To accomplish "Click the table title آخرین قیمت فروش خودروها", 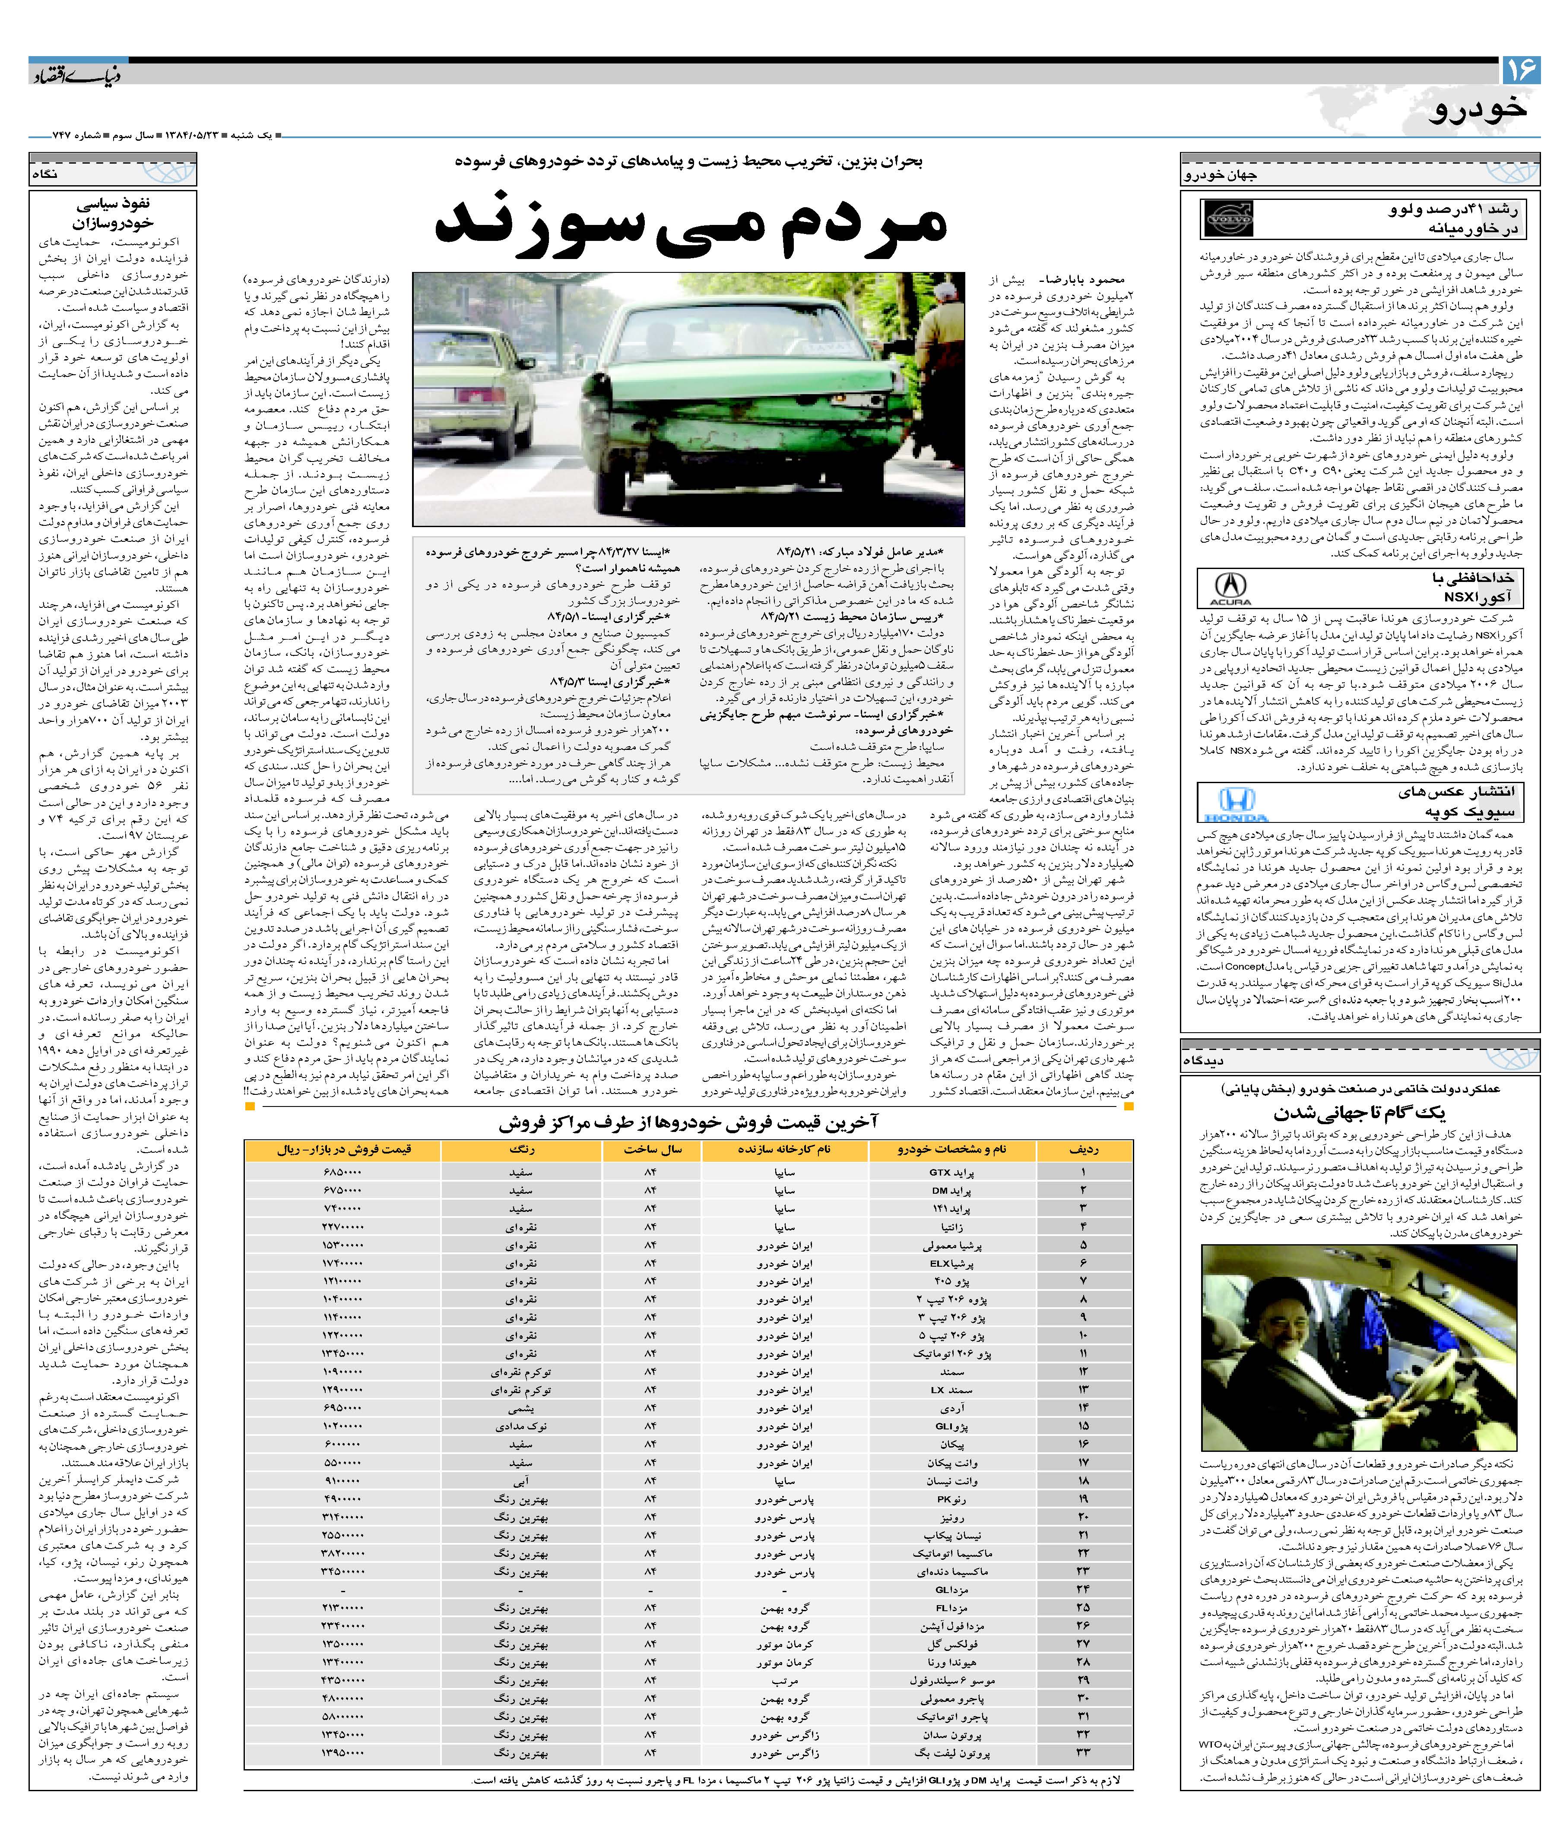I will pyautogui.click(x=688, y=1122).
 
